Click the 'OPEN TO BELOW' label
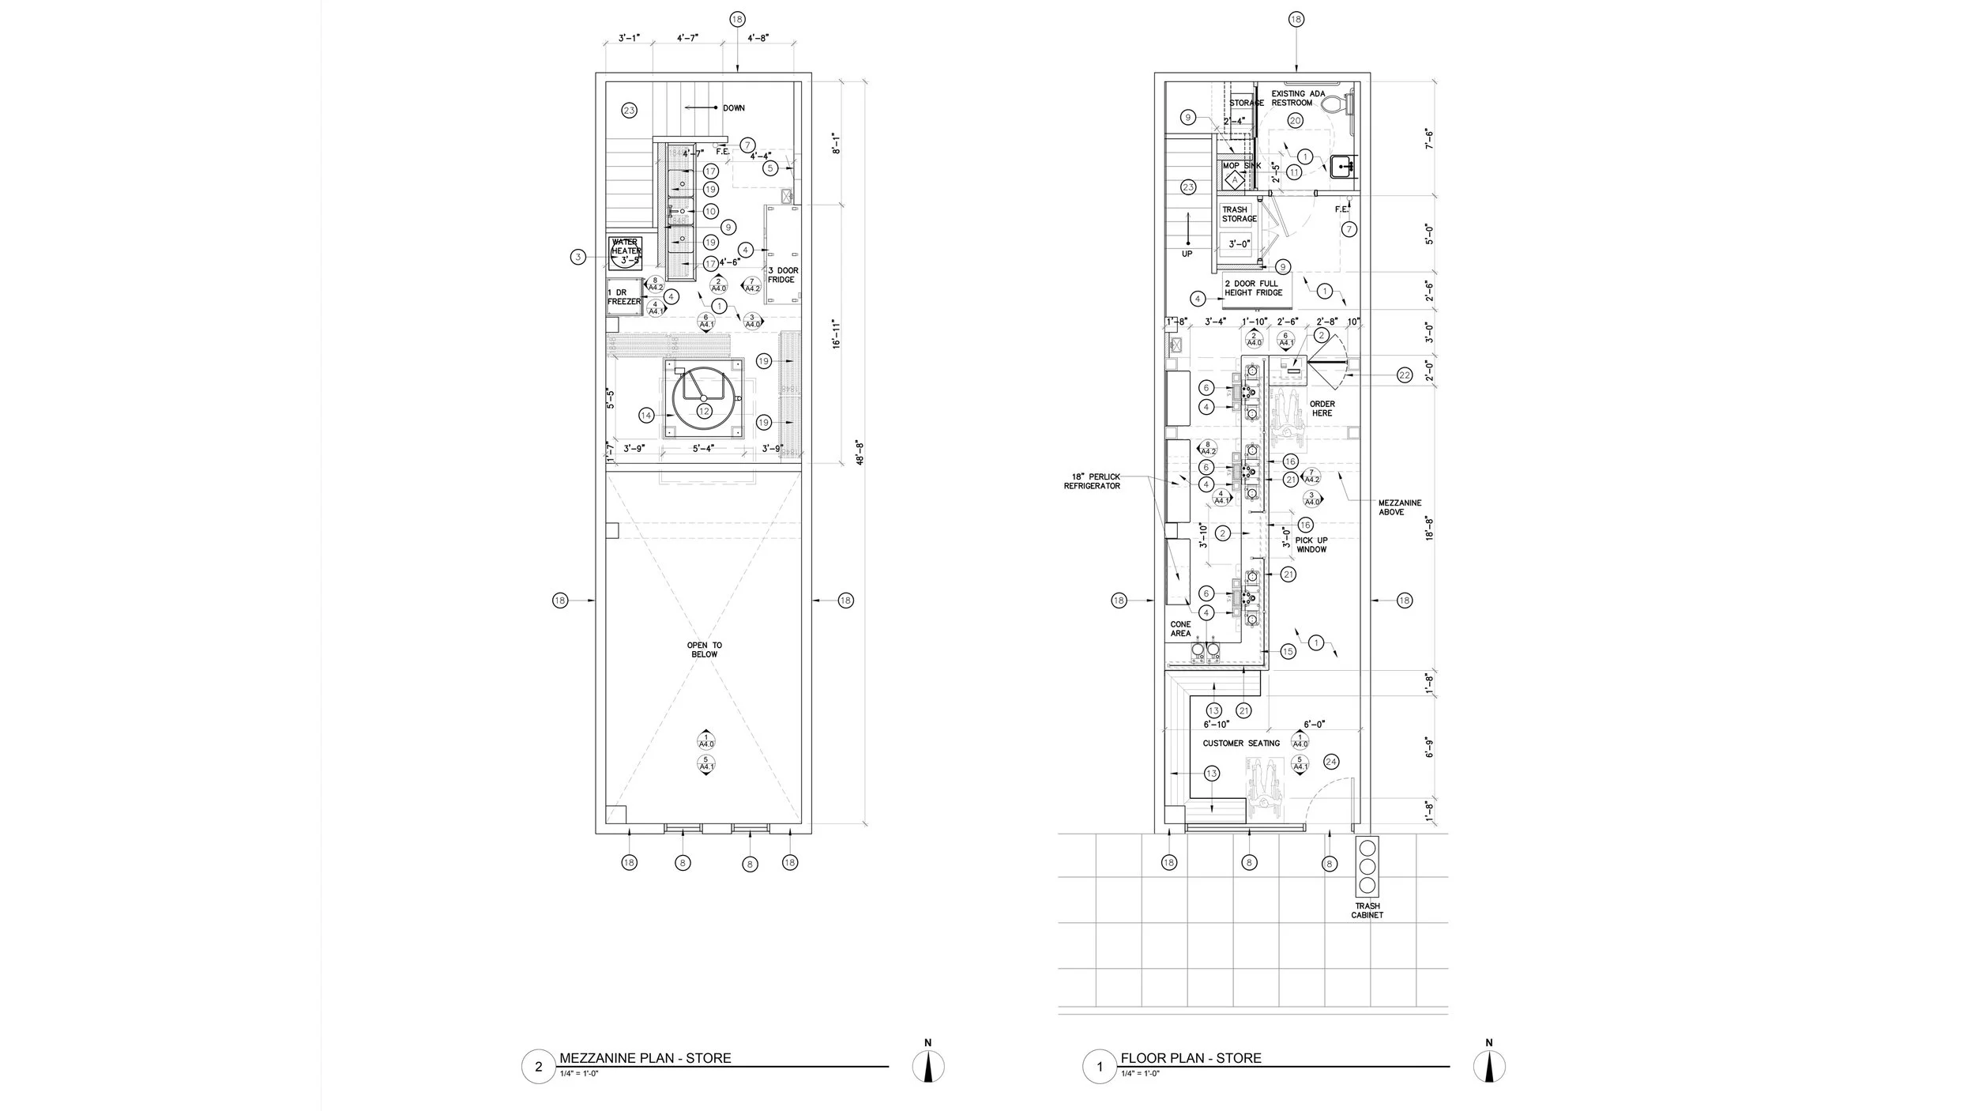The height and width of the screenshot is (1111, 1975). pyautogui.click(x=704, y=650)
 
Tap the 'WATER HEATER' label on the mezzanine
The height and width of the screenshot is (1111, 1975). pyautogui.click(x=625, y=247)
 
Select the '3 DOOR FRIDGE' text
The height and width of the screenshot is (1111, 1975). pyautogui.click(x=783, y=275)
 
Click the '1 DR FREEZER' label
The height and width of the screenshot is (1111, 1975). pyautogui.click(x=623, y=297)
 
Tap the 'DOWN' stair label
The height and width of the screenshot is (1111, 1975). pyautogui.click(x=733, y=108)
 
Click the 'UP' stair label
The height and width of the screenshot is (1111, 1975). pyautogui.click(x=1187, y=254)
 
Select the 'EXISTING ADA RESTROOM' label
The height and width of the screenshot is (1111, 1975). pyautogui.click(x=1298, y=98)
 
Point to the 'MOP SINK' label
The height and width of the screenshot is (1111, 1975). pyautogui.click(x=1241, y=166)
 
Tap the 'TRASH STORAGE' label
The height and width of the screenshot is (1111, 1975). pyautogui.click(x=1239, y=214)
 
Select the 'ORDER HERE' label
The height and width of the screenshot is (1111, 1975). pyautogui.click(x=1322, y=409)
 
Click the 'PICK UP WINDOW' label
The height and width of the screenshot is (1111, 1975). pyautogui.click(x=1311, y=544)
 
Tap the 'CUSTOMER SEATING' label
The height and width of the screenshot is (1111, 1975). pyautogui.click(x=1241, y=744)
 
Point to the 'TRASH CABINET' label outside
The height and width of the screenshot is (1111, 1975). pyautogui.click(x=1367, y=910)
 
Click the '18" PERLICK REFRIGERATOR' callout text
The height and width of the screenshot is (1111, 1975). pyautogui.click(x=1092, y=481)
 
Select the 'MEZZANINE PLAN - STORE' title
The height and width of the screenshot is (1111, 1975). pyautogui.click(x=645, y=1058)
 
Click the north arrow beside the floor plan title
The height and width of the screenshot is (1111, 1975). pyautogui.click(x=1488, y=1068)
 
